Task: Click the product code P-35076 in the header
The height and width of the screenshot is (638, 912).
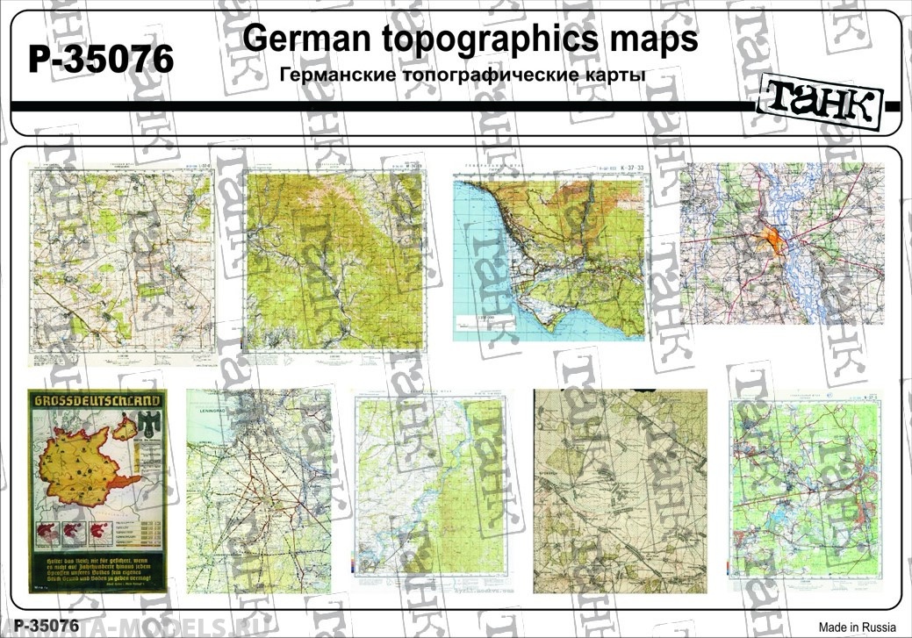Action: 102,60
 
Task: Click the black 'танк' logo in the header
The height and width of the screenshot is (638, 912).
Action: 820,104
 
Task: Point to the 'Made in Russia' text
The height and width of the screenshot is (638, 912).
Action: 857,627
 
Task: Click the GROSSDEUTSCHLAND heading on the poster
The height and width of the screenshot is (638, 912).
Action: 97,401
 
